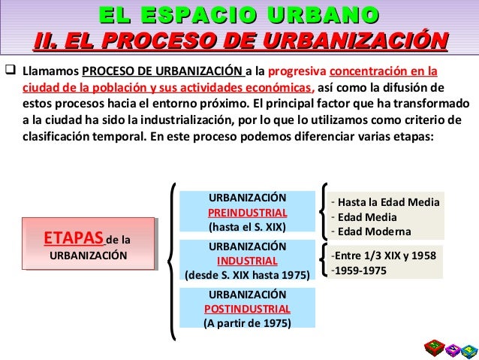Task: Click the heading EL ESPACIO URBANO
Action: pyautogui.click(x=239, y=15)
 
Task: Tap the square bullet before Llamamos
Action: pyautogui.click(x=10, y=73)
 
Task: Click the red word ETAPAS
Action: pyautogui.click(x=74, y=239)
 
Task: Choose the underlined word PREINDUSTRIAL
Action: pyautogui.click(x=247, y=211)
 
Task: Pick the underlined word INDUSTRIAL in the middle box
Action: pyautogui.click(x=247, y=261)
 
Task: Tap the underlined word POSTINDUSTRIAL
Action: pyautogui.click(x=247, y=309)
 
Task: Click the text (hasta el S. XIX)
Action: pyautogui.click(x=247, y=225)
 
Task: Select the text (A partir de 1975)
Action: pyautogui.click(x=247, y=323)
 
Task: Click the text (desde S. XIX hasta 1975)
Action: pyautogui.click(x=247, y=274)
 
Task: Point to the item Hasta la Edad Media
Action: pyautogui.click(x=388, y=202)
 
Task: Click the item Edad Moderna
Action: pyautogui.click(x=374, y=231)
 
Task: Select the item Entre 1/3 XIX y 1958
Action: pyautogui.click(x=385, y=255)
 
